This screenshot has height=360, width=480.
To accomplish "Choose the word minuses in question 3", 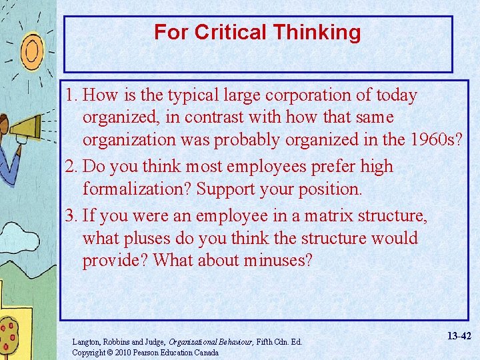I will point(277,261).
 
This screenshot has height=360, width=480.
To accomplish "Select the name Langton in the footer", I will point(86,342).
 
